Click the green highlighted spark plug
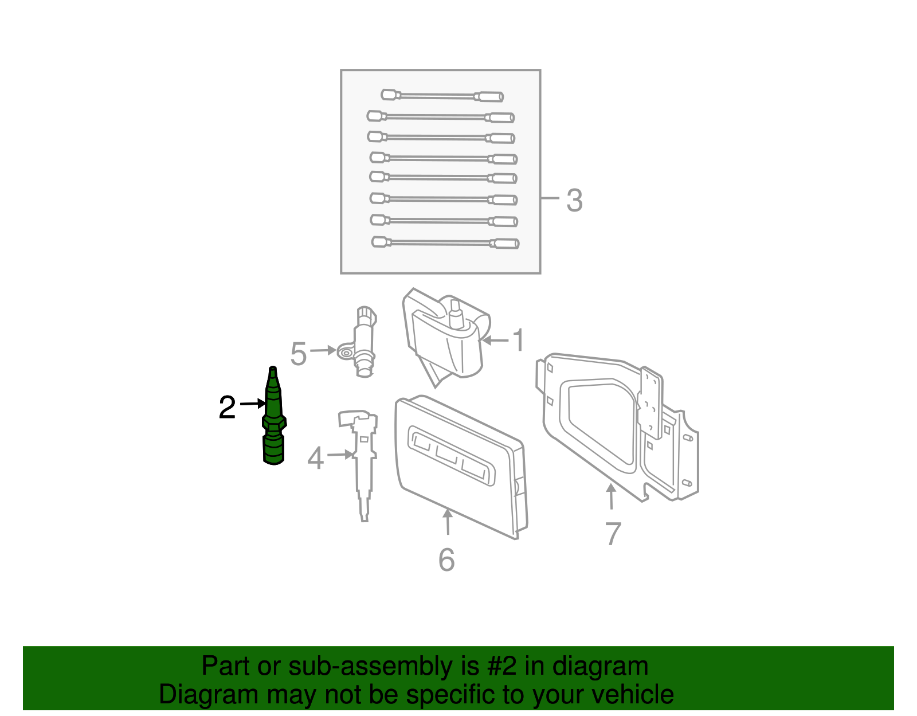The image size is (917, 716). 274,421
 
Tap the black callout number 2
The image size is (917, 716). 227,408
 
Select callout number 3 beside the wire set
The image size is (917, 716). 574,201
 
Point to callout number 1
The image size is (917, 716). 518,341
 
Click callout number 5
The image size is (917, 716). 299,354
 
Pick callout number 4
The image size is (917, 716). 315,459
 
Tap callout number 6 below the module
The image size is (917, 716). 446,560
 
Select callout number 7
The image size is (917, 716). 613,534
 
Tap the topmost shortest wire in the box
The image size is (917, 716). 442,96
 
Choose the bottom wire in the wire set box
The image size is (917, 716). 445,243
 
